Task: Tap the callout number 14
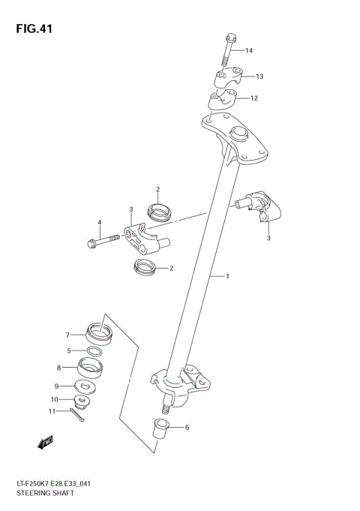(249, 51)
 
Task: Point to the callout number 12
(254, 98)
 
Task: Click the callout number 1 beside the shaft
(227, 277)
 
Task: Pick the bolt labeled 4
(103, 242)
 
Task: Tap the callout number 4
(99, 222)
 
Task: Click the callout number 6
(187, 427)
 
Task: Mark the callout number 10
(53, 399)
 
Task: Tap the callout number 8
(58, 368)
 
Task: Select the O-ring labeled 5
(94, 351)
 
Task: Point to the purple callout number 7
(67, 334)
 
